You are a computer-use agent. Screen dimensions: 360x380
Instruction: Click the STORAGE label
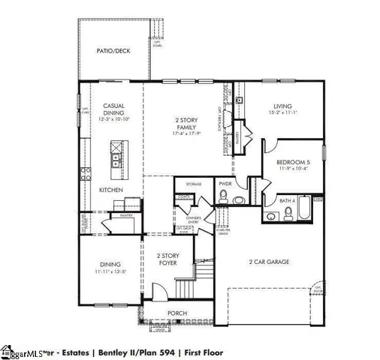(194, 184)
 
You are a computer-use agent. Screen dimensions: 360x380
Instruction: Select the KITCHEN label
(111, 190)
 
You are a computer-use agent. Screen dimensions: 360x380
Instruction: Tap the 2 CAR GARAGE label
(269, 262)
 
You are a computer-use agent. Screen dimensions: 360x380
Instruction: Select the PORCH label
(177, 313)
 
